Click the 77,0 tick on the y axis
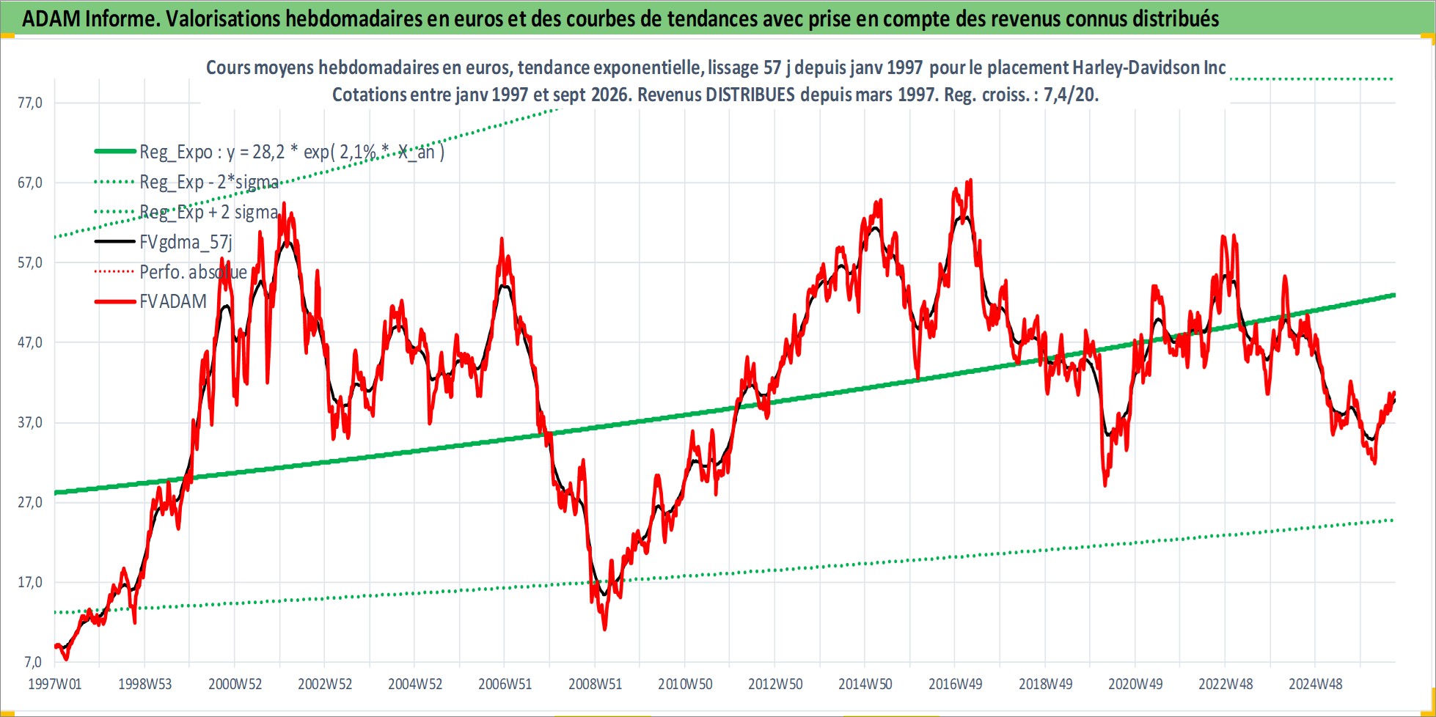pyautogui.click(x=30, y=103)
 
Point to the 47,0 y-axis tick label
pyautogui.click(x=30, y=342)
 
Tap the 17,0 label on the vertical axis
pyautogui.click(x=30, y=582)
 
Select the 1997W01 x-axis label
pyautogui.click(x=55, y=684)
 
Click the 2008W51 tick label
pyautogui.click(x=595, y=684)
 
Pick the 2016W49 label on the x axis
pyautogui.click(x=955, y=684)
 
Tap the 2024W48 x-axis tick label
pyautogui.click(x=1315, y=684)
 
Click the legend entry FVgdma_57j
pyautogui.click(x=186, y=242)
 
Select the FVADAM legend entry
pyautogui.click(x=173, y=301)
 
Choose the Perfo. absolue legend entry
pyautogui.click(x=193, y=272)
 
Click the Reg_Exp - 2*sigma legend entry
pyautogui.click(x=209, y=182)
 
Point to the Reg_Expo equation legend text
pyautogui.click(x=292, y=152)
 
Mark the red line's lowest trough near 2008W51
pyautogui.click(x=604, y=629)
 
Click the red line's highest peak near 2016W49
pyautogui.click(x=970, y=180)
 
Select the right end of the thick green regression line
pyautogui.click(x=1394, y=295)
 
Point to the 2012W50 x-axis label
pyautogui.click(x=775, y=684)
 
